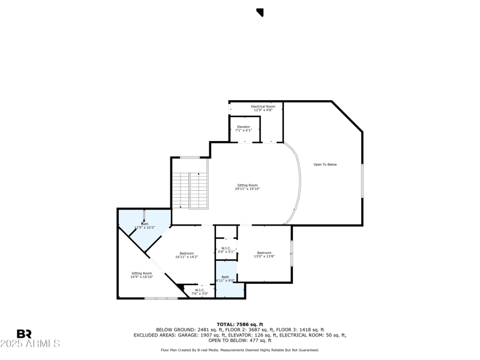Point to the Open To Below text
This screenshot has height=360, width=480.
pyautogui.click(x=325, y=164)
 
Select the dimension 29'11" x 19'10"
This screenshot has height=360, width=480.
pyautogui.click(x=247, y=189)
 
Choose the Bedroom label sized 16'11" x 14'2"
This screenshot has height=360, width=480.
pyautogui.click(x=187, y=254)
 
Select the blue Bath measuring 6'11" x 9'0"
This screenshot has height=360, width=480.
pyautogui.click(x=226, y=280)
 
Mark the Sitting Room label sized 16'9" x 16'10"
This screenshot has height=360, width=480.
pyautogui.click(x=142, y=275)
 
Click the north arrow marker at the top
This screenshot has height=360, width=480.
pyautogui.click(x=260, y=12)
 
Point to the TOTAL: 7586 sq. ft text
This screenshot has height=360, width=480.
pyautogui.click(x=239, y=324)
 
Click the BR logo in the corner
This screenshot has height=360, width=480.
pyautogui.click(x=24, y=334)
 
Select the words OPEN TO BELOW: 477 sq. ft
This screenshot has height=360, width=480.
pyautogui.click(x=239, y=340)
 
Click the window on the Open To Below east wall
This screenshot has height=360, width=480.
pyautogui.click(x=362, y=180)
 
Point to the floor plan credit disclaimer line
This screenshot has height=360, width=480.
pyautogui.click(x=239, y=350)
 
